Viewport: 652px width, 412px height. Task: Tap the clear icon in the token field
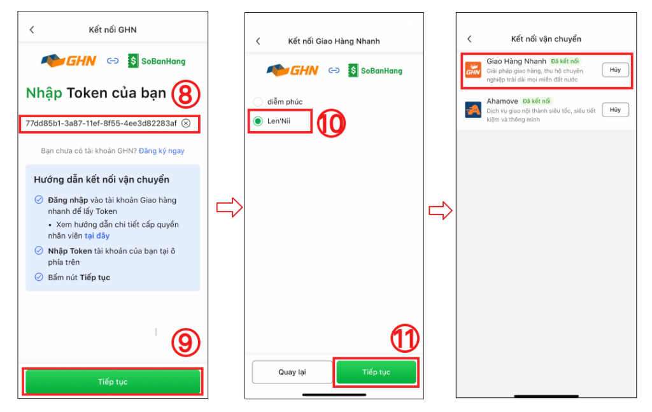click(187, 124)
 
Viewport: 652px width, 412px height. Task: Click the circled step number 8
click(185, 94)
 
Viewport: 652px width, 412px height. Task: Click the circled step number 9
click(185, 342)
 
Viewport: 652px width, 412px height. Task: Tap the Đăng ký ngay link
click(161, 151)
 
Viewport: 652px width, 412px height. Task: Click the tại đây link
click(97, 236)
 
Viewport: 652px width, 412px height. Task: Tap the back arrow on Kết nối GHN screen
click(32, 29)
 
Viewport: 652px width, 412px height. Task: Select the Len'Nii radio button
click(258, 121)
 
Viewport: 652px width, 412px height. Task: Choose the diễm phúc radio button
click(258, 102)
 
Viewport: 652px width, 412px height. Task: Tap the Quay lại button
click(292, 372)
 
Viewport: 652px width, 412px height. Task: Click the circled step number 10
click(331, 124)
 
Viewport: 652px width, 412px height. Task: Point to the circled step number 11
click(404, 338)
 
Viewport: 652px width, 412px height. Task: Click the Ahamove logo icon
click(473, 110)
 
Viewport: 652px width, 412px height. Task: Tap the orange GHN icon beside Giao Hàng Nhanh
click(473, 70)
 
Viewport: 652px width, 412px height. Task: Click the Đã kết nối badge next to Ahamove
click(536, 101)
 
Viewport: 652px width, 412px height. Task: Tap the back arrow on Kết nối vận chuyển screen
click(469, 39)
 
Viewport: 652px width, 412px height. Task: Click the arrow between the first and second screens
click(229, 208)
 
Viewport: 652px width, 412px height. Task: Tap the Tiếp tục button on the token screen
click(113, 381)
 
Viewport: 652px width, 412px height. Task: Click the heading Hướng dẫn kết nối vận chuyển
click(101, 180)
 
